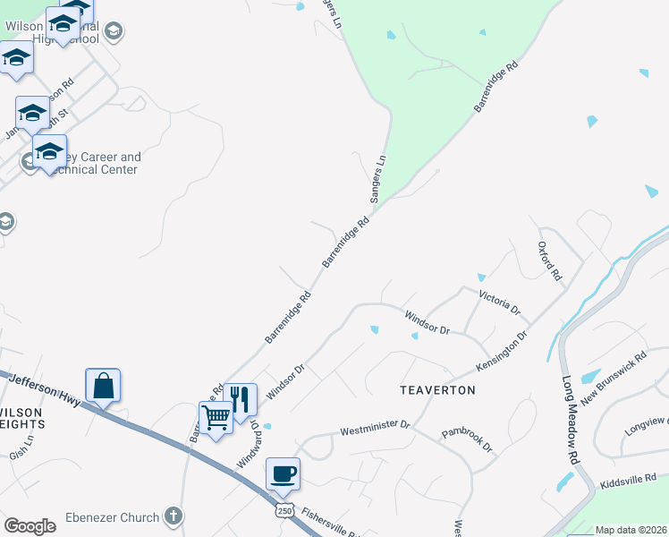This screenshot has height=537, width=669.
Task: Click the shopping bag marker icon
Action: (103, 386)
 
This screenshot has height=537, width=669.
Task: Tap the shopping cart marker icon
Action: (216, 418)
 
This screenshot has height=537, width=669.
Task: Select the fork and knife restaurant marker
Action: (240, 399)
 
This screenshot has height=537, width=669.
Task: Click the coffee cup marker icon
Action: (283, 473)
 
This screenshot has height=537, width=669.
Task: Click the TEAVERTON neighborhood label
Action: (437, 391)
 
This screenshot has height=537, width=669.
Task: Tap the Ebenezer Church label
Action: (112, 517)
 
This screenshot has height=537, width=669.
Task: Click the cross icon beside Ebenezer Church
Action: (174, 516)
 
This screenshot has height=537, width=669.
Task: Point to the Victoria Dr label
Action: (499, 302)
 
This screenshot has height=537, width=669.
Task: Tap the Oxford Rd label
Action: (548, 261)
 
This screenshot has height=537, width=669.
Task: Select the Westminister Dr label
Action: (374, 429)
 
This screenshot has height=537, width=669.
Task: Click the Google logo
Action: (30, 526)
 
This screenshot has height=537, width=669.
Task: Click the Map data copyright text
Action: (631, 530)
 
